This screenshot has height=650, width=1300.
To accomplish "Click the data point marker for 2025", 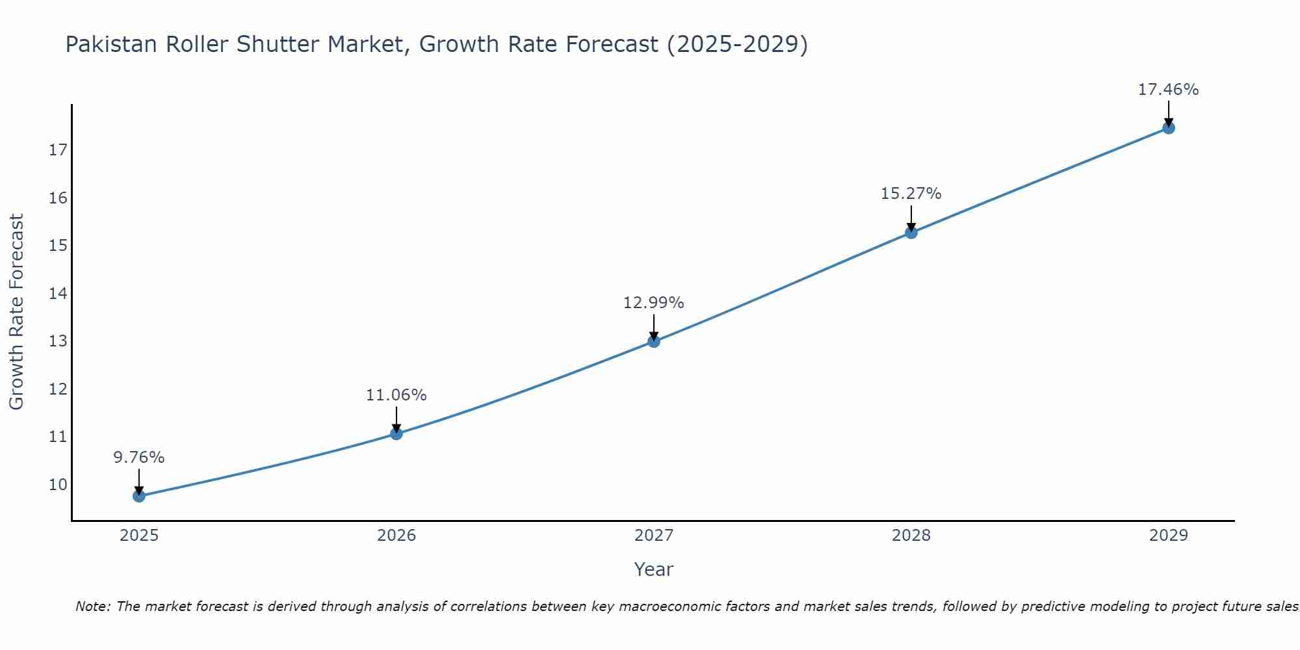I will tap(139, 496).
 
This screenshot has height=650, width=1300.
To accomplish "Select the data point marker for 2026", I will tap(396, 434).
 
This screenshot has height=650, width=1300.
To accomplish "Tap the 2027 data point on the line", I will tap(654, 341).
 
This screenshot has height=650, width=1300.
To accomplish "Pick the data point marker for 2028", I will tap(911, 232).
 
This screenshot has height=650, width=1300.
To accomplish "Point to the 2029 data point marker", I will tap(1169, 127).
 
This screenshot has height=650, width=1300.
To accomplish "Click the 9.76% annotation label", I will tap(139, 458).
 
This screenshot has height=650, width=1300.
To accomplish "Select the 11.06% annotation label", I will tap(396, 395).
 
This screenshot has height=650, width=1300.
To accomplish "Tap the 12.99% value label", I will tap(654, 303).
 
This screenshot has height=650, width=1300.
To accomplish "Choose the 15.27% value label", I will tap(911, 194).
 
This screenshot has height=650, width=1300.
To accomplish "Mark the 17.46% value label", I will tap(1169, 90).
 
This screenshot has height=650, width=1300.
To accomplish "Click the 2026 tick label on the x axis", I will tap(396, 536).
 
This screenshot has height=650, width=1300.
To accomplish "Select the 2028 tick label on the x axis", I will tap(911, 536).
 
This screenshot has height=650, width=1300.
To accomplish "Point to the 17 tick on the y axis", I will tap(58, 150).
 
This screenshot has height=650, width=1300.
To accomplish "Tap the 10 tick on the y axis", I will tap(58, 484).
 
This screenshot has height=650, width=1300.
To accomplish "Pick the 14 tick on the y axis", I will tap(58, 293).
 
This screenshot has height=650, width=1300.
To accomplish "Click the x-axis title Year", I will tap(654, 569).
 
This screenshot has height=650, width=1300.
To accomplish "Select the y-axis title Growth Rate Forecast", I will tap(16, 312).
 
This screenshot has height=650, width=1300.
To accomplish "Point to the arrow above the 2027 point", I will tap(654, 327).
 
